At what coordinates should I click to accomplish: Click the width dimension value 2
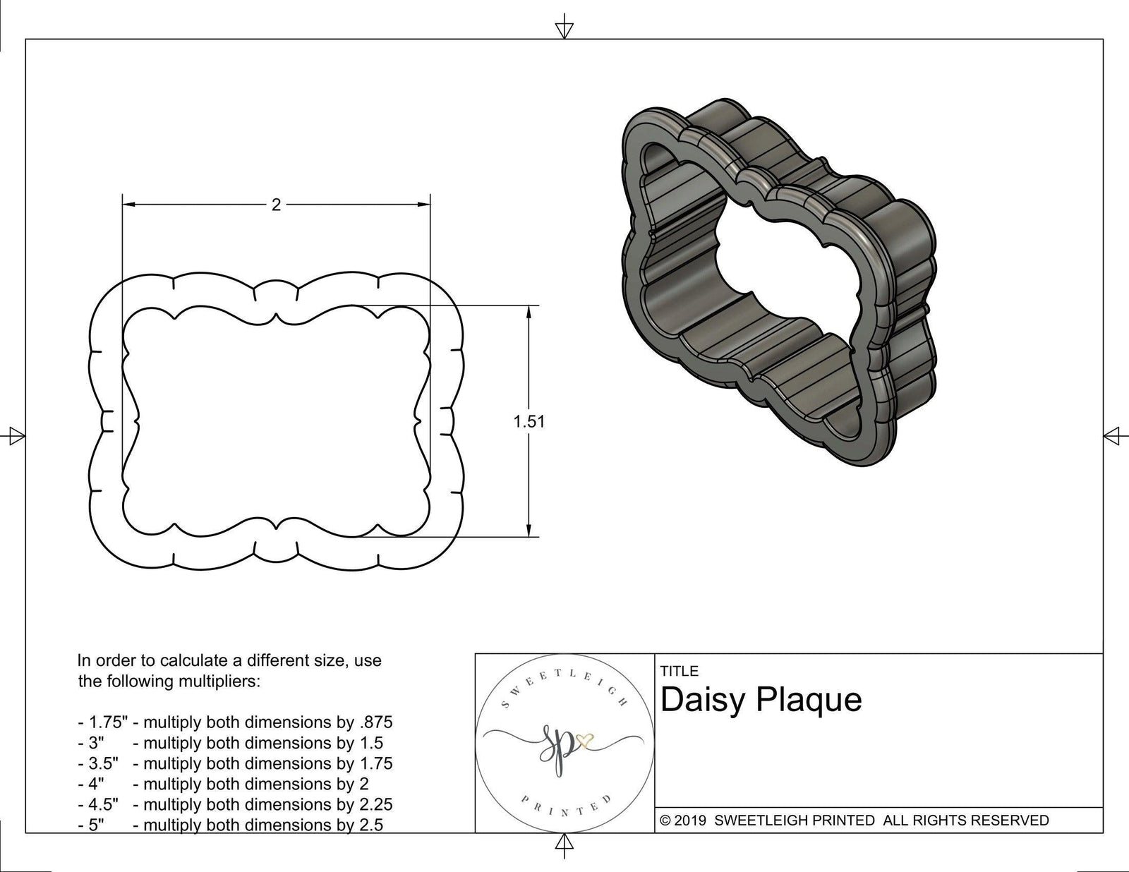(x=276, y=205)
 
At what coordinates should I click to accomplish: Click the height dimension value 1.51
(x=529, y=421)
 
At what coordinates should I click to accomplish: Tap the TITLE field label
(x=680, y=671)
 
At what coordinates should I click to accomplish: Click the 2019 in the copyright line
(x=692, y=820)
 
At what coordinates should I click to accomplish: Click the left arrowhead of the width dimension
(x=128, y=205)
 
